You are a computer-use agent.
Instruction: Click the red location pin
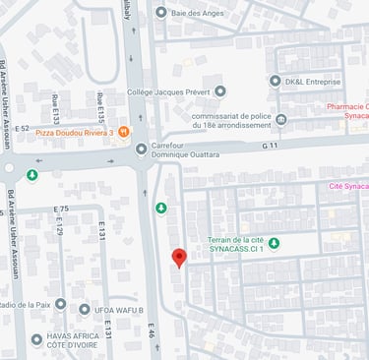178,258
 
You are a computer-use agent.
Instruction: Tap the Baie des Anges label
204,12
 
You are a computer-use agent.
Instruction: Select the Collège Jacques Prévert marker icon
220,90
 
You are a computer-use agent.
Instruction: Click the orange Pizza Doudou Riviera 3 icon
123,131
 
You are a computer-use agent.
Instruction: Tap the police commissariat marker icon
281,120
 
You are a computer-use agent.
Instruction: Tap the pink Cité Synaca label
346,185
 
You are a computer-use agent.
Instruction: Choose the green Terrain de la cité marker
275,243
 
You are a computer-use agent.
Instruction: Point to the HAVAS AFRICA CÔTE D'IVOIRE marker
36,339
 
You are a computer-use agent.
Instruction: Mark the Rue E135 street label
100,106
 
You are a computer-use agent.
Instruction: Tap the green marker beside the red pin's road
161,208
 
